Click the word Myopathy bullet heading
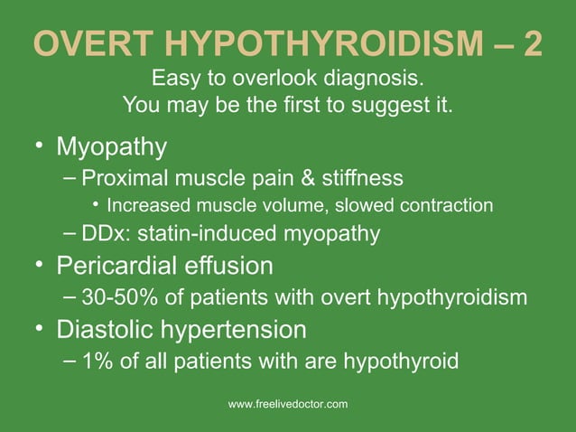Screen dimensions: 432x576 pyautogui.click(x=112, y=146)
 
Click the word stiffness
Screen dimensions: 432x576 pyautogui.click(x=362, y=176)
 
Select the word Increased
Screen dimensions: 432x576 pyautogui.click(x=153, y=205)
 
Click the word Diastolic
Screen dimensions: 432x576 pyautogui.click(x=104, y=328)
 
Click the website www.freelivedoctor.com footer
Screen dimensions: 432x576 pyautogui.click(x=288, y=404)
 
